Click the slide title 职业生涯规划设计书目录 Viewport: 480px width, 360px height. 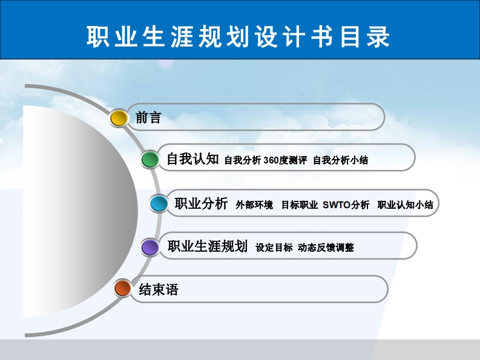click(x=238, y=36)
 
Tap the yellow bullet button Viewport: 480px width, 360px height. click(x=119, y=118)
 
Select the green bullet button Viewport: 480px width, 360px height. click(x=150, y=160)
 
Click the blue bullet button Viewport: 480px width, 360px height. click(x=159, y=203)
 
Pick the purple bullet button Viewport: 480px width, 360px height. click(x=150, y=247)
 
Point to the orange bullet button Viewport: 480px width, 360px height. click(x=122, y=288)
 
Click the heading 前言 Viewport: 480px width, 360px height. click(x=148, y=117)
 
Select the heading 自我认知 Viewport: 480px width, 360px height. click(x=193, y=159)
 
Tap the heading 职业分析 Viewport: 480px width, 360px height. click(x=201, y=203)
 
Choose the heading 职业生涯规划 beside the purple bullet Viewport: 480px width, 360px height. click(x=208, y=246)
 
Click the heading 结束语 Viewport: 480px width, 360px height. click(x=159, y=289)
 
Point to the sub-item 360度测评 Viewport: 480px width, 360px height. click(x=285, y=160)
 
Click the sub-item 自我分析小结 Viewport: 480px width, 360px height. click(x=340, y=160)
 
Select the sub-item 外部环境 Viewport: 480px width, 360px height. click(x=254, y=205)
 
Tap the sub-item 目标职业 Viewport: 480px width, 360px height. click(x=300, y=205)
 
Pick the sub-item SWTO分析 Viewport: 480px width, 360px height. click(x=346, y=205)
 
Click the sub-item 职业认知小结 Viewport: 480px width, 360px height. click(x=406, y=205)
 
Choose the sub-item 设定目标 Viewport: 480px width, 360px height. click(x=274, y=247)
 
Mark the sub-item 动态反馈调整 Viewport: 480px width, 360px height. click(x=326, y=247)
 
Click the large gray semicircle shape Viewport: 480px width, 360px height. click(x=79, y=211)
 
